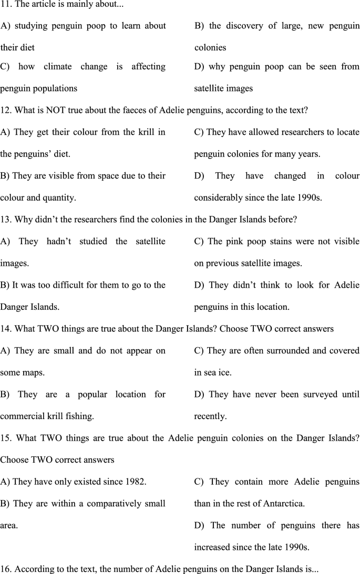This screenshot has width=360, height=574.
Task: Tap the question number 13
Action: [x=5, y=220]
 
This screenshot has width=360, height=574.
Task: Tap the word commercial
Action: [x=18, y=416]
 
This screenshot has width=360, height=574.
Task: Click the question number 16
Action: [x=5, y=569]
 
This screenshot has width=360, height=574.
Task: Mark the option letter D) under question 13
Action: [x=199, y=285]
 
